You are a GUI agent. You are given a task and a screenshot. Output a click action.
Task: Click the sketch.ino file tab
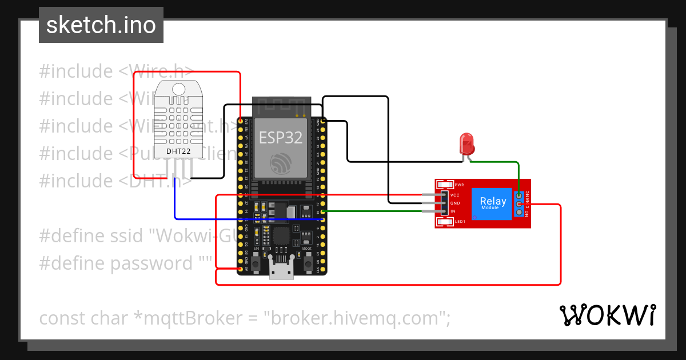(101, 25)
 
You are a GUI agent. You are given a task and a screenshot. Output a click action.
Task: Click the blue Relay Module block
(492, 203)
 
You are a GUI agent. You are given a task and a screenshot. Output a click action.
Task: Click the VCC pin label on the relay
(455, 195)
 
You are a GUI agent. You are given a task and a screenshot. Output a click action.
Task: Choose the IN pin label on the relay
(453, 211)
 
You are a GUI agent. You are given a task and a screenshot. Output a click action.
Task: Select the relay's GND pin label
(455, 203)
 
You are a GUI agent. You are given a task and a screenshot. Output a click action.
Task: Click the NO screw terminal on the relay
(519, 212)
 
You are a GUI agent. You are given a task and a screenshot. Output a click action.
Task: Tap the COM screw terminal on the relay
(519, 203)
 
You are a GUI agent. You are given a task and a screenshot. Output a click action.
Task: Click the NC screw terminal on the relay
(519, 195)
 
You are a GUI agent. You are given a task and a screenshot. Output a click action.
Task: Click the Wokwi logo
(607, 315)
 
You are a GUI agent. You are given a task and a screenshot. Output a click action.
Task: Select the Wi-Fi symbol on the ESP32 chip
(281, 165)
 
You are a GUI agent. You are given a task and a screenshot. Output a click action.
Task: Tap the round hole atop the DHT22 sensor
(179, 89)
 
